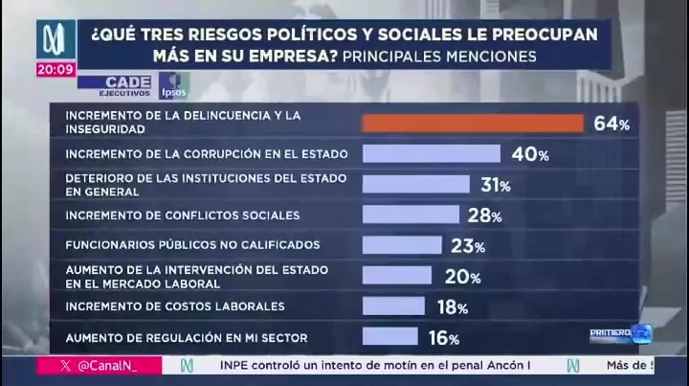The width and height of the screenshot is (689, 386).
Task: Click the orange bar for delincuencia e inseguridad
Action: [x=473, y=124]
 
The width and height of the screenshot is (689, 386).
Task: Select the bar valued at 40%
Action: [x=431, y=153]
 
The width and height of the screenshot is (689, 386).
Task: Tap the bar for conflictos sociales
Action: [x=411, y=215]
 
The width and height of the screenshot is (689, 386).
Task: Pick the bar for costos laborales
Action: [x=393, y=307]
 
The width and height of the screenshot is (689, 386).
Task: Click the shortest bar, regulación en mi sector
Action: [x=389, y=336]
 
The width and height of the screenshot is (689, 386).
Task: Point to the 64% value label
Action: [x=611, y=124]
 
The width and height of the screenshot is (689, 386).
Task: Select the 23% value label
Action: [x=468, y=246]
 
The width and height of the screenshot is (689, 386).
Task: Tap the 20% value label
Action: [x=463, y=277]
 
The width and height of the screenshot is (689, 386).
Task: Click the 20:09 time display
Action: [x=56, y=69]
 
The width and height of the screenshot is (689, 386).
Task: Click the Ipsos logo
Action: [x=174, y=85]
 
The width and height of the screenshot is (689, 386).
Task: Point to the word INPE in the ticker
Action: [x=237, y=366]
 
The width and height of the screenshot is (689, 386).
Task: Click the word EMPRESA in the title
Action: [x=281, y=57]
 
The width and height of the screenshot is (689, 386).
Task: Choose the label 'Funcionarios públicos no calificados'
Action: [x=191, y=245]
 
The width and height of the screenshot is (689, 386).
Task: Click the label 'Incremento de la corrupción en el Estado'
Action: [x=206, y=153]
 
